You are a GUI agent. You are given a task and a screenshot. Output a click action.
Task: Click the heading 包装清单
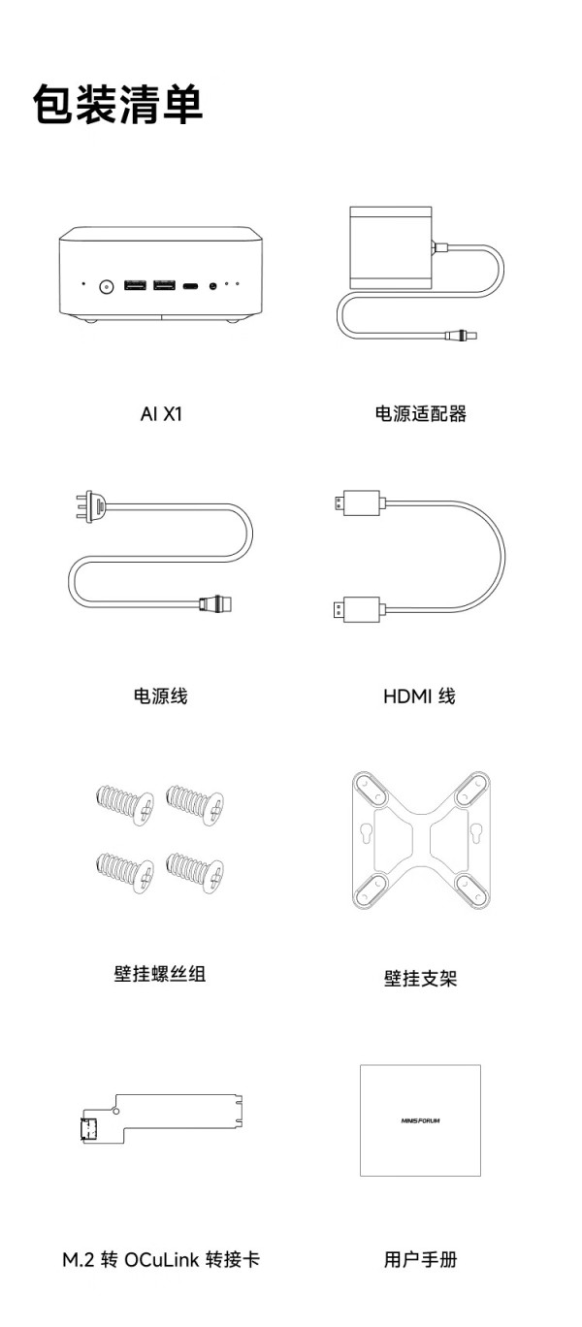tap(118, 104)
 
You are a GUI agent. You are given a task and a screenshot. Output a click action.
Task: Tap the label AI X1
tap(161, 413)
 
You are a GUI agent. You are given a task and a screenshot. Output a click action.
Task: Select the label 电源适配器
tap(420, 413)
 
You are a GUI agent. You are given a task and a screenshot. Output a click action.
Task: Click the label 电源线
tap(161, 696)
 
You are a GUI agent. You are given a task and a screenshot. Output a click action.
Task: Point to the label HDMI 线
tap(420, 696)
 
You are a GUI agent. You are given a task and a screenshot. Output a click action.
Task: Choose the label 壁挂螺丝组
tap(160, 974)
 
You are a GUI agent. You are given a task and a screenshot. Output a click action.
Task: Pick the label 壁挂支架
tap(420, 978)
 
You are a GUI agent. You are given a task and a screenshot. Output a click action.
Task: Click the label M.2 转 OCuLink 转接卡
tap(161, 1259)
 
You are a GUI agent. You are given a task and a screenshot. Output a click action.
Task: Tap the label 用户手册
tap(420, 1259)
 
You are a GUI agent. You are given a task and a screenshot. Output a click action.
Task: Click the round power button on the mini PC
tap(107, 285)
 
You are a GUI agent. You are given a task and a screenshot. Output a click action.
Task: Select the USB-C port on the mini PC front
tap(192, 286)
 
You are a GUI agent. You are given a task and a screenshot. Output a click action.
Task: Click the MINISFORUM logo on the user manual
tap(420, 1120)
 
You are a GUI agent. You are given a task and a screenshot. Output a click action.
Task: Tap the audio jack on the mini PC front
tap(213, 286)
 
